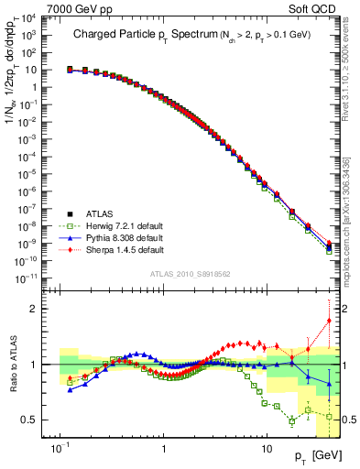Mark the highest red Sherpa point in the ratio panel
click(329, 321)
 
